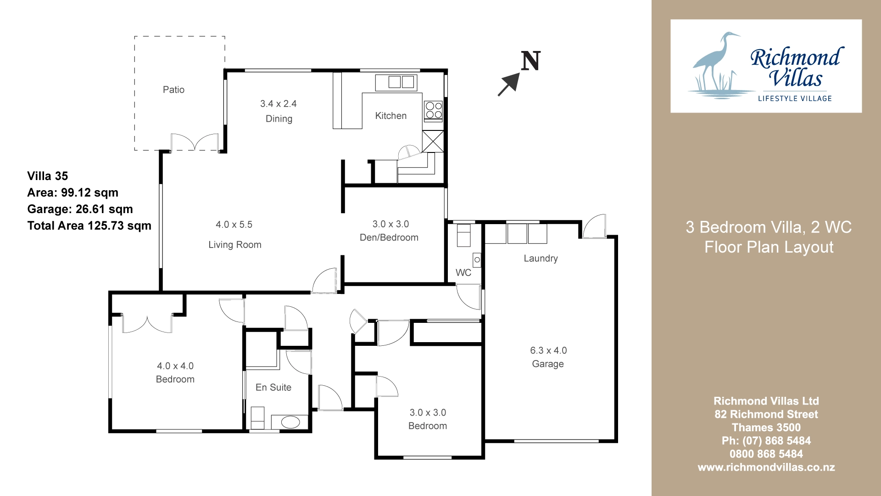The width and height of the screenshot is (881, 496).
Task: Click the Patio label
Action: (173, 90)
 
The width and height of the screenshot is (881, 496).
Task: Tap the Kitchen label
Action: (391, 116)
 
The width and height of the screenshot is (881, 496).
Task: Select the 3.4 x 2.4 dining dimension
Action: (279, 104)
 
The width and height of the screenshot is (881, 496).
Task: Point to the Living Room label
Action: (235, 245)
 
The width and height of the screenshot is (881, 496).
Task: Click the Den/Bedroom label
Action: (389, 237)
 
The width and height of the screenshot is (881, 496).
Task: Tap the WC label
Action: (463, 273)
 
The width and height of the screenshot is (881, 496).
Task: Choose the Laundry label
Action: (541, 259)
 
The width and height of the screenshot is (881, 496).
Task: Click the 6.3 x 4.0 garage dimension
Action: (548, 350)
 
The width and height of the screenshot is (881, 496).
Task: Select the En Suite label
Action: (273, 387)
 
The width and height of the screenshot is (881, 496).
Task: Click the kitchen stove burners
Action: (434, 110)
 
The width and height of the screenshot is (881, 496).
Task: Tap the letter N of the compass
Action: (531, 61)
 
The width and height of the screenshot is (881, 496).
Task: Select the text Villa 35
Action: (48, 176)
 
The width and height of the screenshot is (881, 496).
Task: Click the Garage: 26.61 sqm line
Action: (80, 209)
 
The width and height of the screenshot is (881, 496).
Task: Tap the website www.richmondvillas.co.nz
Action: (766, 468)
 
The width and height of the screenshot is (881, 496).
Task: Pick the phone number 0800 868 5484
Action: (766, 454)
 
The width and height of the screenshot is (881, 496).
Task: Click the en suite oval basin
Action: (290, 422)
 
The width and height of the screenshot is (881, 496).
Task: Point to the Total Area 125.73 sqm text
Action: (89, 225)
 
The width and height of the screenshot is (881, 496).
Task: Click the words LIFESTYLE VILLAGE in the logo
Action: (795, 98)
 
